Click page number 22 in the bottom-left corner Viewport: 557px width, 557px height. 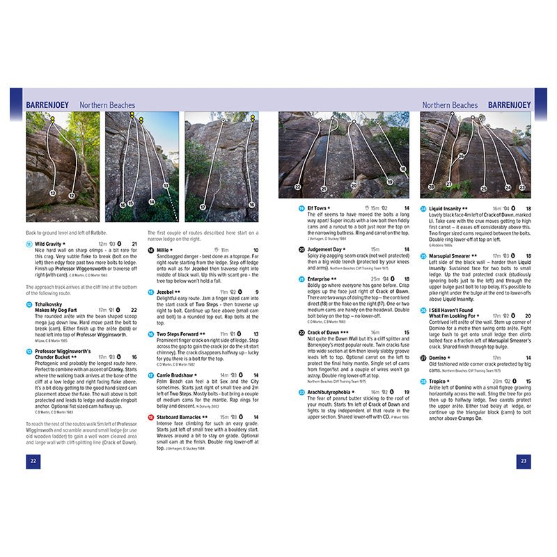pos(33,460)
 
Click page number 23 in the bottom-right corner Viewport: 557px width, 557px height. pos(524,460)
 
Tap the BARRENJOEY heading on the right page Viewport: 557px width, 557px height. pos(509,105)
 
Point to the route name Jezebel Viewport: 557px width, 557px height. pos(166,292)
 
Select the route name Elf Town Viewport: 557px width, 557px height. pos(317,208)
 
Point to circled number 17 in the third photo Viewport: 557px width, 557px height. pos(203,207)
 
